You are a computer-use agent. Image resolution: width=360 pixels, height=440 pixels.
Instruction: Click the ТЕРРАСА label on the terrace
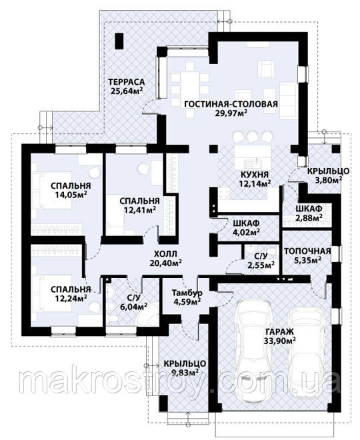pyautogui.click(x=127, y=82)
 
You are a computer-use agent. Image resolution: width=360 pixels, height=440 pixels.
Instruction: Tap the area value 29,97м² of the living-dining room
pyautogui.click(x=230, y=113)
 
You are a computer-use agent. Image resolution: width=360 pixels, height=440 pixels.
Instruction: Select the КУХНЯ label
pyautogui.click(x=255, y=175)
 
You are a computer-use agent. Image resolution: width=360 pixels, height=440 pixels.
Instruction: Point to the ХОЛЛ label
pyautogui.click(x=166, y=254)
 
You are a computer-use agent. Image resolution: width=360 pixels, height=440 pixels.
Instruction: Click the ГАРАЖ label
pyautogui.click(x=280, y=332)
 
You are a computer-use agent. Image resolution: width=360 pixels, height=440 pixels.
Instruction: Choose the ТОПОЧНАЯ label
pyautogui.click(x=308, y=251)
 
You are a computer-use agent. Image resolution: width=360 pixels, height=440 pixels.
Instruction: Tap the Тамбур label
pyautogui.click(x=187, y=293)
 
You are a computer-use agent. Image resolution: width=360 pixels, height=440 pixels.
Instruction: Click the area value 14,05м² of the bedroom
pyautogui.click(x=71, y=195)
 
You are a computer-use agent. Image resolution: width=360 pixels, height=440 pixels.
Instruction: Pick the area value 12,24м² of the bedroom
pyautogui.click(x=71, y=298)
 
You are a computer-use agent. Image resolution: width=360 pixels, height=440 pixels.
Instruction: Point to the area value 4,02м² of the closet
pyautogui.click(x=246, y=232)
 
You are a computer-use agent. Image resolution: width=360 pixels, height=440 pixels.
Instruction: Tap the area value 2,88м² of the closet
pyautogui.click(x=309, y=217)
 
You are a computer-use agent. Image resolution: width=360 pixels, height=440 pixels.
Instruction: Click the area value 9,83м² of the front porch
pyautogui.click(x=185, y=372)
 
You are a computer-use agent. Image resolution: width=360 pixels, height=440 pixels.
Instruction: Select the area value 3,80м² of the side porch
pyautogui.click(x=328, y=179)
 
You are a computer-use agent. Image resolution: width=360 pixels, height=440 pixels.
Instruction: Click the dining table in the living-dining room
pyautogui.click(x=189, y=84)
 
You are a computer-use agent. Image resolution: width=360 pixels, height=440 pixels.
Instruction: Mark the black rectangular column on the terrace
pyautogui.click(x=119, y=41)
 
